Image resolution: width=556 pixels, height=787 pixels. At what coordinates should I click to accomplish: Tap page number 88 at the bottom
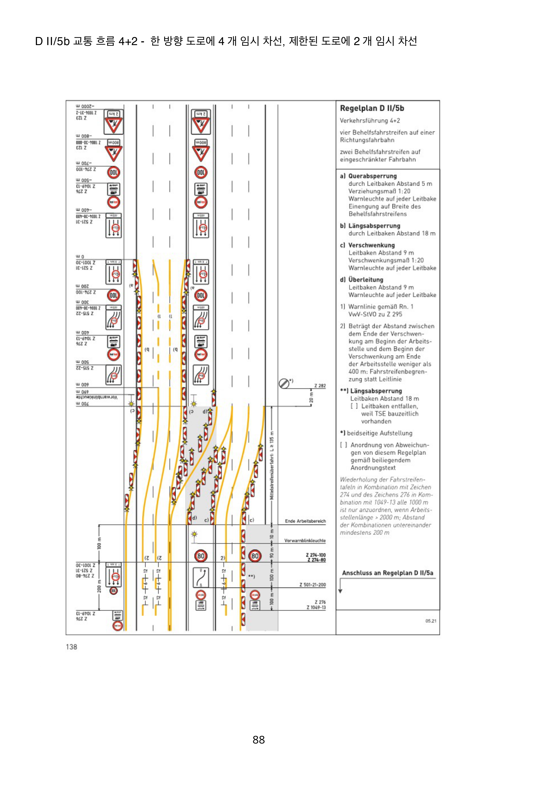(x=259, y=740)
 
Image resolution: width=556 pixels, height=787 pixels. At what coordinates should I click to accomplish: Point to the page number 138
(x=71, y=647)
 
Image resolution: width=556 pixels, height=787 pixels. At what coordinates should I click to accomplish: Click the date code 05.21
(x=431, y=621)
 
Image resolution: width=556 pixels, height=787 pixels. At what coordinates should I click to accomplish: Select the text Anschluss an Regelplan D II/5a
(x=387, y=573)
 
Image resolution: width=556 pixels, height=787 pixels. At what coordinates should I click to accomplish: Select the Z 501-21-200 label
(x=313, y=585)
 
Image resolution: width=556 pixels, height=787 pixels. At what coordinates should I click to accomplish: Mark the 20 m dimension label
(x=311, y=398)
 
